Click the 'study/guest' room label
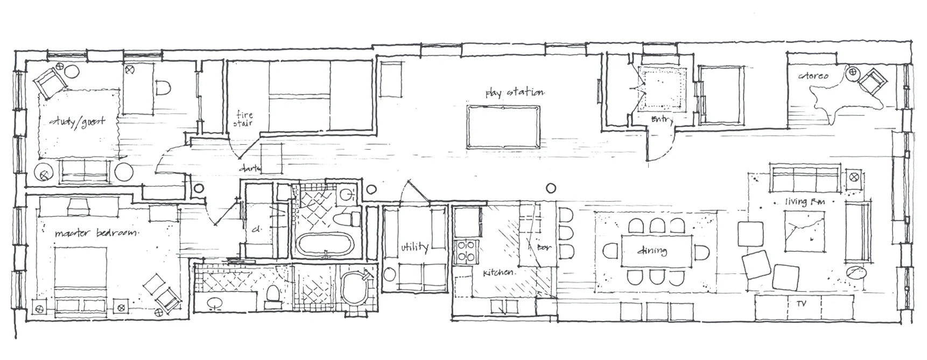[x=77, y=122]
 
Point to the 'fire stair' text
[x=243, y=118]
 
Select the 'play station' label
[x=515, y=93]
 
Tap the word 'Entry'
[x=661, y=120]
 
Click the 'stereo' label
[x=813, y=76]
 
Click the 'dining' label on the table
[x=652, y=251]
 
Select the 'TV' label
[x=801, y=305]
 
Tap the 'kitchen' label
[x=498, y=273]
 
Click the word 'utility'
[x=415, y=248]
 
